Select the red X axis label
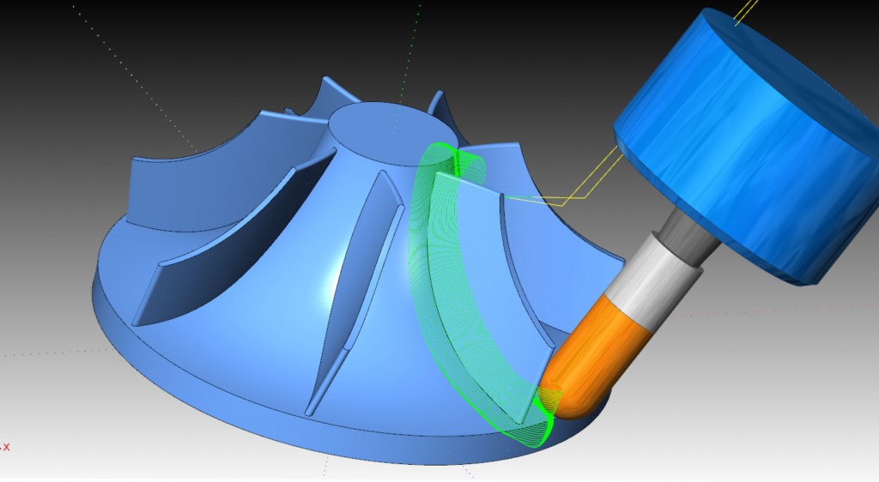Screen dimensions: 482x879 6,447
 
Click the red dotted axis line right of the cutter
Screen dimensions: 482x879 773,310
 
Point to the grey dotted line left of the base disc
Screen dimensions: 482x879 52,352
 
